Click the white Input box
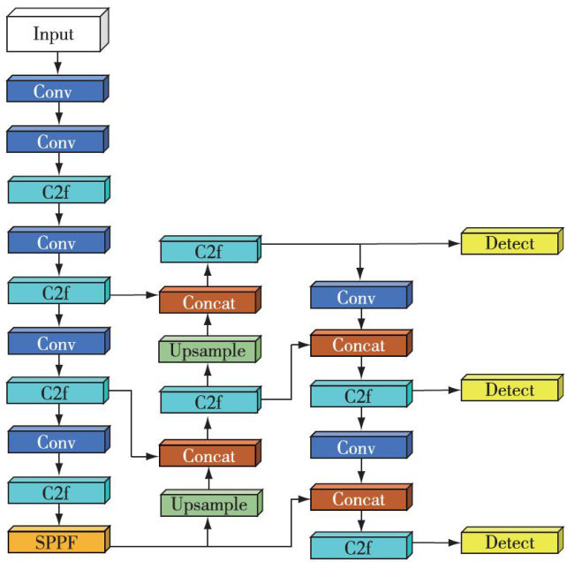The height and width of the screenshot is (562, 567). click(x=55, y=35)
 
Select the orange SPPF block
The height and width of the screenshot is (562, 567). click(x=55, y=539)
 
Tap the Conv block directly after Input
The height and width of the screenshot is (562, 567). click(x=55, y=91)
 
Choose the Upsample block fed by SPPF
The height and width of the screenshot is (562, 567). click(x=208, y=505)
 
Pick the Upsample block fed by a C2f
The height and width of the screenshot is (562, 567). click(x=208, y=351)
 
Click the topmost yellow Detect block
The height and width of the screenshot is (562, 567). click(x=510, y=243)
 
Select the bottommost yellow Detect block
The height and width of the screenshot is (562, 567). click(x=510, y=543)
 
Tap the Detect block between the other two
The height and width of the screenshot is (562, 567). click(x=510, y=390)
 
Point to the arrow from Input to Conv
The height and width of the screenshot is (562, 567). click(x=58, y=63)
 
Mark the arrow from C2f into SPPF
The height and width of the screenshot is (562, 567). click(x=58, y=517)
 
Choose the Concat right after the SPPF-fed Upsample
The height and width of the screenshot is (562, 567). click(x=208, y=456)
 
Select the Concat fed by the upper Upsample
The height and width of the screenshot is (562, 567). click(x=208, y=303)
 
